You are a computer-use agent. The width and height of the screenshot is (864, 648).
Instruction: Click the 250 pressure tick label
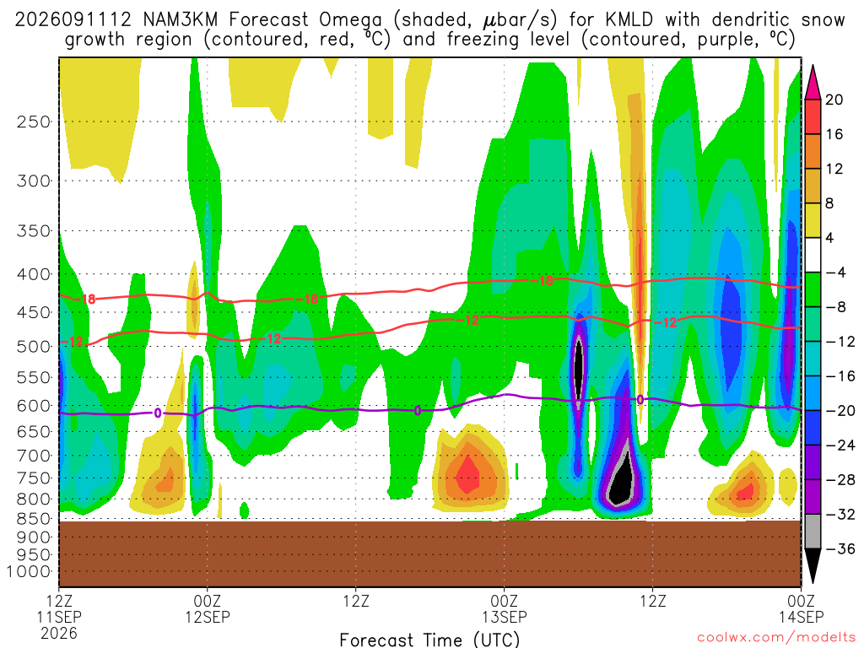tap(34, 121)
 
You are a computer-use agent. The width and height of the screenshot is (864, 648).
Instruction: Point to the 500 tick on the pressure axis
tap(34, 347)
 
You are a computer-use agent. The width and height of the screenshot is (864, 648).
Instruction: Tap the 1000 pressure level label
tap(29, 572)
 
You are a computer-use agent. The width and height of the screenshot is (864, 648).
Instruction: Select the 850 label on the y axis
tap(34, 519)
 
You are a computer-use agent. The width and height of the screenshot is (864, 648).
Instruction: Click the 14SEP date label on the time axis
tap(802, 617)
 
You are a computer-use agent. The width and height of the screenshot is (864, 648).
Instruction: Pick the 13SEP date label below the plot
tap(505, 617)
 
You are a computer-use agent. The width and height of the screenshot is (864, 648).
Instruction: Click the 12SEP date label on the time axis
tap(208, 617)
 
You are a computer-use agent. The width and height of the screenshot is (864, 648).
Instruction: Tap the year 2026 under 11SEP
tap(59, 633)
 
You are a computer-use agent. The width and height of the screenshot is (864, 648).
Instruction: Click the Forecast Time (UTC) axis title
tap(429, 640)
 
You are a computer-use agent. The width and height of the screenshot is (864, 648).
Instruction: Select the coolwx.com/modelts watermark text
tap(776, 638)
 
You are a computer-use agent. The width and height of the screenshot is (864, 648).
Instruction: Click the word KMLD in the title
tap(629, 20)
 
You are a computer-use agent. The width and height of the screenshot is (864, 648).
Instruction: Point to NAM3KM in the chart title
tap(181, 20)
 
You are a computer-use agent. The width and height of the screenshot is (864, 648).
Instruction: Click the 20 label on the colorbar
tap(834, 100)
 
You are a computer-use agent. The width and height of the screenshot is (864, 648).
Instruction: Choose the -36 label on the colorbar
tap(840, 548)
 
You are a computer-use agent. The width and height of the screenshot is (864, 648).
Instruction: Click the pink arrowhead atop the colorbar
tap(813, 83)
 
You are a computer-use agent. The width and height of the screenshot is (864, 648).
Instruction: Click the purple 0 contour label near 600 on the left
tap(158, 413)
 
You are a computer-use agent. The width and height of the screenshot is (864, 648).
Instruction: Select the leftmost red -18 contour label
tap(86, 300)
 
